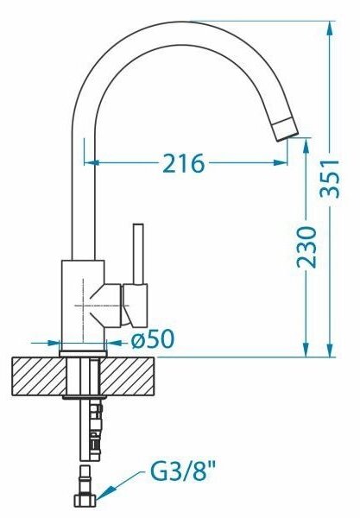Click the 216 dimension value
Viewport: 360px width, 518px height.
(184, 163)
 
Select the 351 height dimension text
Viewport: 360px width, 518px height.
(331, 179)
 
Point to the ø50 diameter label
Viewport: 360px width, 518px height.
(152, 339)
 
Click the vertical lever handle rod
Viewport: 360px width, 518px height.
(138, 254)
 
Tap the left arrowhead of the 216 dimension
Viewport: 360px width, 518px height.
(92, 162)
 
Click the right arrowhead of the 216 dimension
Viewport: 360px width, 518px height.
(280, 162)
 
